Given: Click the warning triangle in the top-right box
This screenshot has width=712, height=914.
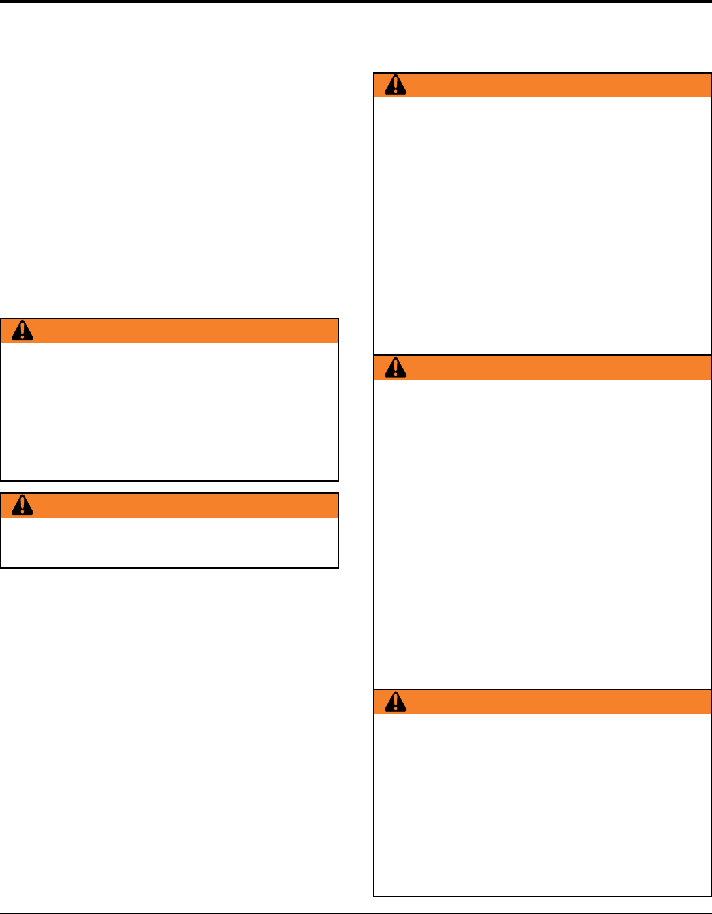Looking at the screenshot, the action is (396, 85).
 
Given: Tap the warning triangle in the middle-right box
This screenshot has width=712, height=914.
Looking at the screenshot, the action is (396, 368).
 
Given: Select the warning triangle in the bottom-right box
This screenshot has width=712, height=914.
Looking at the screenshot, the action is (396, 702).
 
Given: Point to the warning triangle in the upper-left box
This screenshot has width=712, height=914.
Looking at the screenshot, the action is (23, 330).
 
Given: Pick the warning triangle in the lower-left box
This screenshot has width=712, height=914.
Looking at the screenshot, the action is (23, 505).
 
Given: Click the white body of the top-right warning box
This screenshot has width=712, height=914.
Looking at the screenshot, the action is (542, 225).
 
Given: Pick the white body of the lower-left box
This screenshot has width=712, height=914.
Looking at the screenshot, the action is (169, 542).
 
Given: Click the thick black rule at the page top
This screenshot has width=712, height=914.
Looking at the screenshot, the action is (356, 2).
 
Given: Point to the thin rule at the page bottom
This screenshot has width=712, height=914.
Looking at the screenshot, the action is (356, 912).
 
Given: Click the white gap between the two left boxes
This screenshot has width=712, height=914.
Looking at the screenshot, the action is (169, 487).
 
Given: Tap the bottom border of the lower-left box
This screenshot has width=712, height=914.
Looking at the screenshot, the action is (169, 567).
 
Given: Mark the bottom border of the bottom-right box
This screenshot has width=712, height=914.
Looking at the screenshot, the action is (542, 895).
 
